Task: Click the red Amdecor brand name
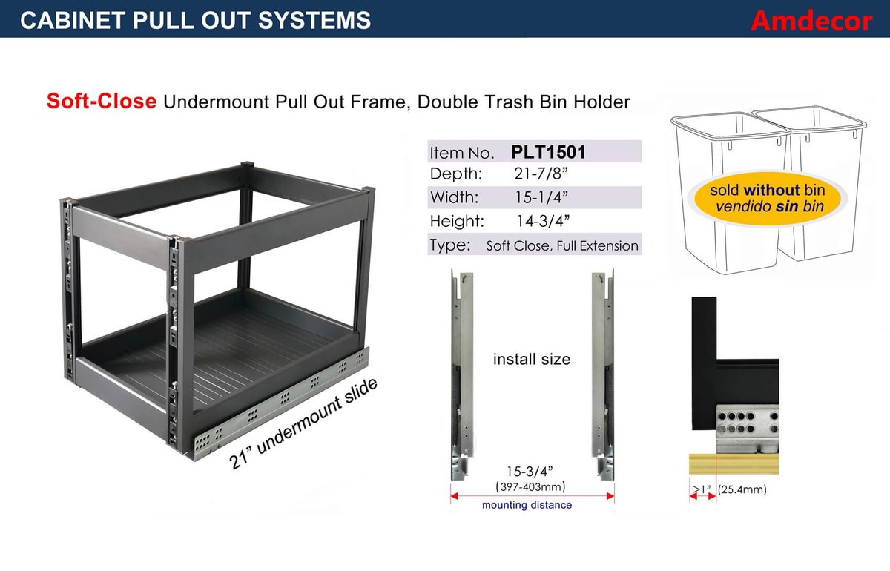point(811,21)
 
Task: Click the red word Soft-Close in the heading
point(101,101)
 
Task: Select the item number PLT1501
point(548,152)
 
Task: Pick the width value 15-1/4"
point(542,198)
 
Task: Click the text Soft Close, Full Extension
point(562,245)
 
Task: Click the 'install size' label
point(532,360)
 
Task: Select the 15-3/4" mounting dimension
point(531,472)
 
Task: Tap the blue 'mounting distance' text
point(527,505)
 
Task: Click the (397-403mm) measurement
point(531,487)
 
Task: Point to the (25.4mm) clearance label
point(742,490)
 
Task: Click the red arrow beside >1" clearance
point(702,498)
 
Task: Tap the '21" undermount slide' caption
point(303,424)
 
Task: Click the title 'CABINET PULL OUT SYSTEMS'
point(196,20)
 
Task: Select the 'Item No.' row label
point(461,154)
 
